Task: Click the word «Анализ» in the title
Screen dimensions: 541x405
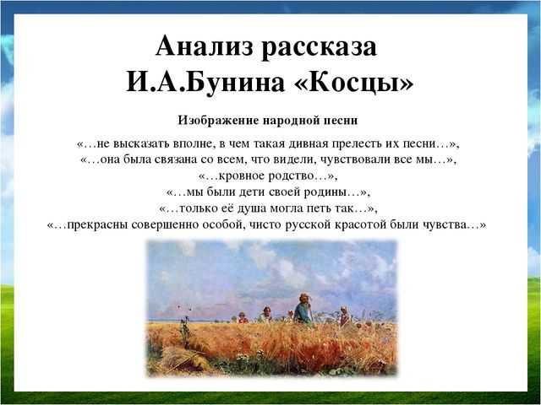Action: coord(205,46)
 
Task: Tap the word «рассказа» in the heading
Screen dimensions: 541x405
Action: coord(319,47)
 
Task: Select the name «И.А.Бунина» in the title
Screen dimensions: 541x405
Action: coord(205,83)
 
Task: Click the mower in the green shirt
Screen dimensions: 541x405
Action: coord(303,310)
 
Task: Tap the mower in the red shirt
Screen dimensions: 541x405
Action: coord(243,318)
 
